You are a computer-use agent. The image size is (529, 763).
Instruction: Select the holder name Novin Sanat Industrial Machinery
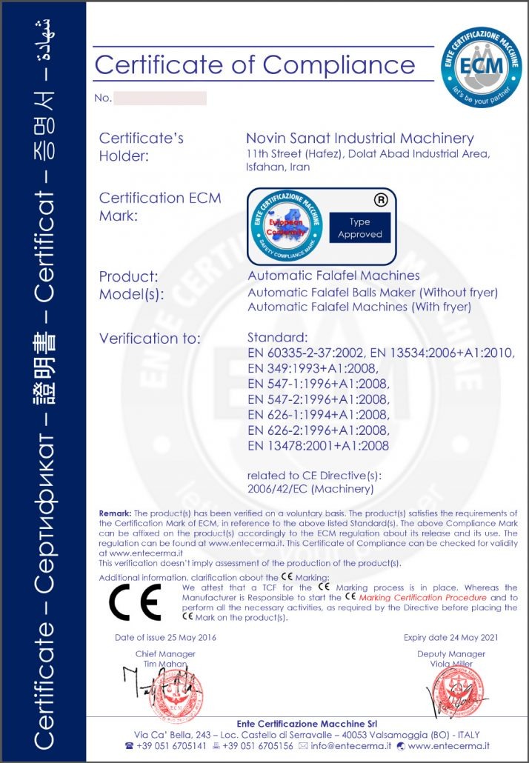coord(359,139)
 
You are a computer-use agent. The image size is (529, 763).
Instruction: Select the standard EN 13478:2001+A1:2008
coord(318,446)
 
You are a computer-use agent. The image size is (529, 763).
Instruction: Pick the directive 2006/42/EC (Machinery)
coord(310,488)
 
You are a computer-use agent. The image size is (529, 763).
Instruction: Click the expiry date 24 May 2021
coord(450,637)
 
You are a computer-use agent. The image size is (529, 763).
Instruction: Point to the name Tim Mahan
coord(165,664)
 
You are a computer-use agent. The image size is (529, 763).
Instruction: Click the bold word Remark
coord(115,513)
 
